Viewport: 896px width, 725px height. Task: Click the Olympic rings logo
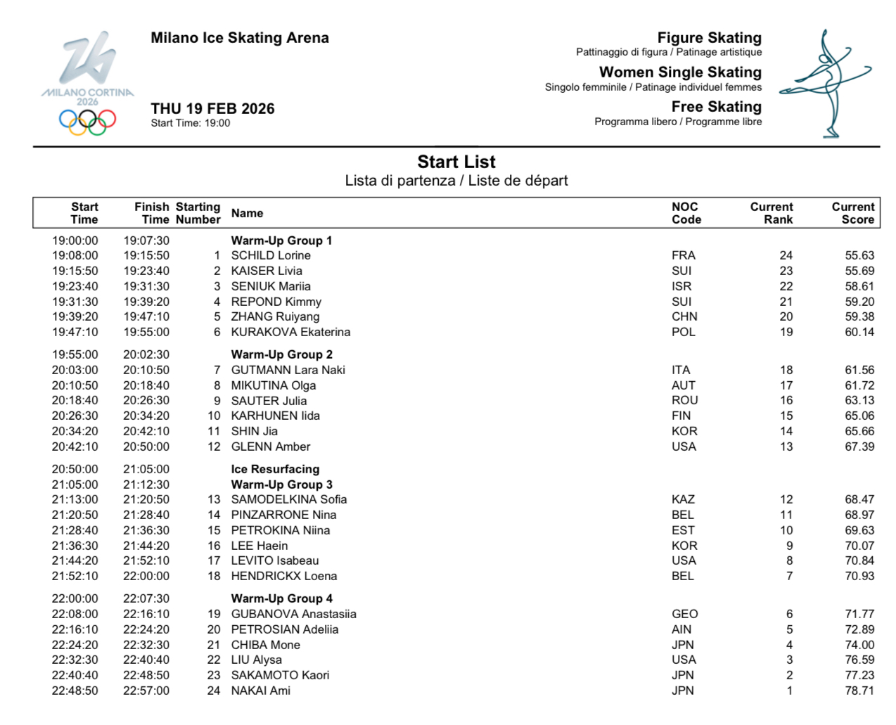pos(87,121)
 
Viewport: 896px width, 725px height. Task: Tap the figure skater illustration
pos(827,83)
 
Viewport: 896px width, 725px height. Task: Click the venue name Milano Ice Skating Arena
pos(239,38)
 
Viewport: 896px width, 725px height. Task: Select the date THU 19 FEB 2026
pos(212,108)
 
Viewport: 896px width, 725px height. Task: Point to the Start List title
pos(456,162)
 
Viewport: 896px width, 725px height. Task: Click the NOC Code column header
pos(686,213)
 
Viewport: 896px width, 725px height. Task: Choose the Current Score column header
pos(852,213)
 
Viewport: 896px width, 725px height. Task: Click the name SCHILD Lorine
pos(271,255)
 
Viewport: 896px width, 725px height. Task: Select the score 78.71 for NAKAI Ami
pos(859,691)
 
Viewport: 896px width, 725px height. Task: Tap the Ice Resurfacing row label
pos(275,469)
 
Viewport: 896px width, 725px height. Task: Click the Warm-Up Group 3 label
pos(281,485)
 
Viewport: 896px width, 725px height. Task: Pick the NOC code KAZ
pos(683,499)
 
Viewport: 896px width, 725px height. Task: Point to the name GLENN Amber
pos(271,447)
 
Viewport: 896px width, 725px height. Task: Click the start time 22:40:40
pos(75,675)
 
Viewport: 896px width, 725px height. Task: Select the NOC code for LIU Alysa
pos(684,660)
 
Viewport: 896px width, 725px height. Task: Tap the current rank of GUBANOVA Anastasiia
pos(789,614)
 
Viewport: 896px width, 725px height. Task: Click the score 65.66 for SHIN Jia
pos(859,431)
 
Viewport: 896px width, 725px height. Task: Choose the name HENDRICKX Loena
pos(284,576)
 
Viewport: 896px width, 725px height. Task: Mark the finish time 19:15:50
pos(146,255)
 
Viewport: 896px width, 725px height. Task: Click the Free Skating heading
pos(716,107)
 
